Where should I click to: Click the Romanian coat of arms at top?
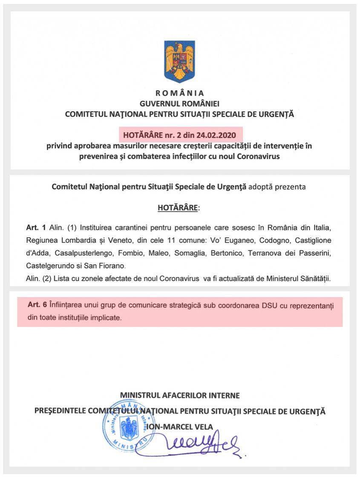[x=179, y=60]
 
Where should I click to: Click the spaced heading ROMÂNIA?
[x=179, y=93]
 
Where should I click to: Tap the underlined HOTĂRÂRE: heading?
[x=179, y=208]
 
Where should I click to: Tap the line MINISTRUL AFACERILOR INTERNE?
[x=179, y=395]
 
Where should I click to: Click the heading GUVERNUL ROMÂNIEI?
[x=179, y=103]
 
